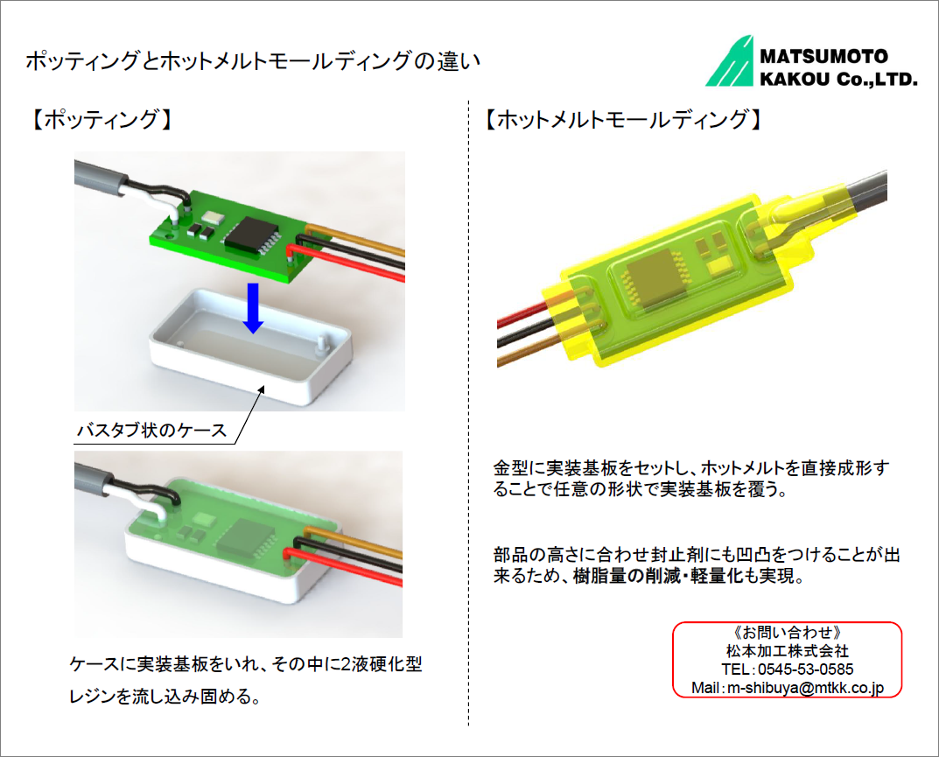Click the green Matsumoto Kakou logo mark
(729, 61)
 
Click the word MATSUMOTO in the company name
(824, 56)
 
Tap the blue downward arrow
(253, 308)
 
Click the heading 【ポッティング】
(101, 119)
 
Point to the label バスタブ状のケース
(152, 430)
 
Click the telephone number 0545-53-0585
(805, 669)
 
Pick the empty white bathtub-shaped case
(250, 347)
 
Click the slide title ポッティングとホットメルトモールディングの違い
(253, 61)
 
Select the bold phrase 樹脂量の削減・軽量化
(657, 576)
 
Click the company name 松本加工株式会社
(788, 651)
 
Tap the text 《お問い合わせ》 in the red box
(788, 633)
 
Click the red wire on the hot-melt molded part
(522, 315)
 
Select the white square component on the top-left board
(212, 217)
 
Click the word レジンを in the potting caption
(100, 696)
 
